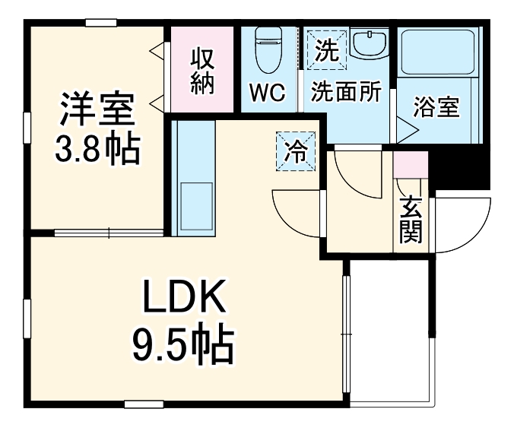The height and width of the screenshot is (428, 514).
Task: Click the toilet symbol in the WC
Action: pos(268,49)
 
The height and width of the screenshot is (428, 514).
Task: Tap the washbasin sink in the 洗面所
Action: pos(369,43)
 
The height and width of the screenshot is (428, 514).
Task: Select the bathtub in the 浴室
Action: pos(437,52)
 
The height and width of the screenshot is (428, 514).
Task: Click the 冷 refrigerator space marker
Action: pos(296,151)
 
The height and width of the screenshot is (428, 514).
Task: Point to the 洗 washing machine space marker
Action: pos(327,49)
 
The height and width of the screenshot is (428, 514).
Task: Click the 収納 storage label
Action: pos(202,71)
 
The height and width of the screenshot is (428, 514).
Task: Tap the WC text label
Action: pos(268,93)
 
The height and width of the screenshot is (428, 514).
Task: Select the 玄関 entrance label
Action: pos(411,220)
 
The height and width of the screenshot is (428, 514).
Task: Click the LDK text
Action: pos(184,296)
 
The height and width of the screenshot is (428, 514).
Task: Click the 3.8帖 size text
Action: pos(97,149)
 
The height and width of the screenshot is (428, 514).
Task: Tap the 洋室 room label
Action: pos(97,109)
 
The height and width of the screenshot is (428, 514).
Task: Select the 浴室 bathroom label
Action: pos(436,107)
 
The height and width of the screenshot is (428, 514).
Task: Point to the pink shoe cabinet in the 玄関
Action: pos(411,164)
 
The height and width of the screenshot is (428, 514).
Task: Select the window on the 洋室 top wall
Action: pos(101,23)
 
